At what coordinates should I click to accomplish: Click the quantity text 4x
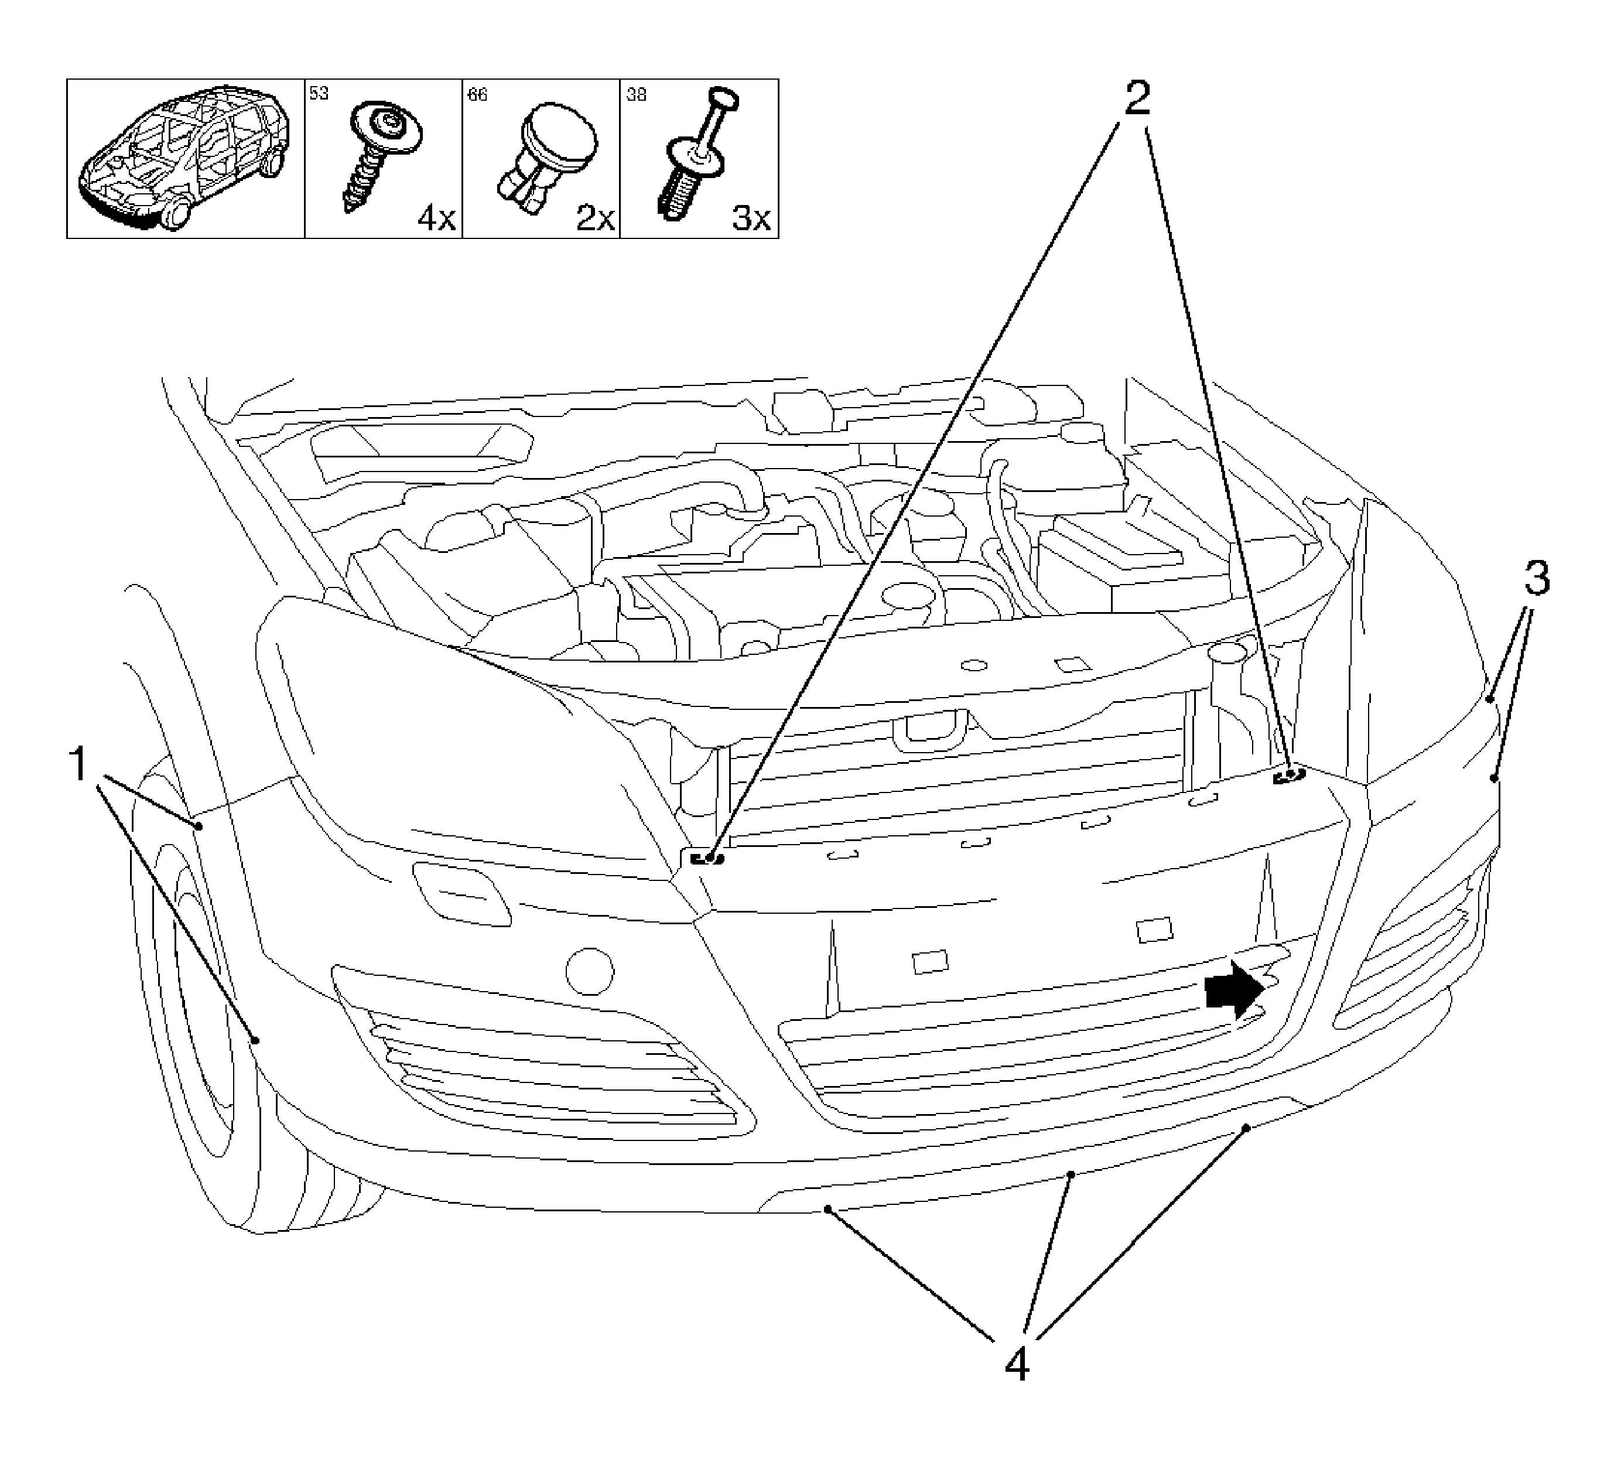[x=436, y=218]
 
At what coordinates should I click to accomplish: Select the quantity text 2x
[x=596, y=218]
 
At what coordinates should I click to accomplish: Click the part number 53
[x=319, y=94]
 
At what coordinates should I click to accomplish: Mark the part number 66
[x=477, y=94]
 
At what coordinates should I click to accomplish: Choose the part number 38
[x=637, y=94]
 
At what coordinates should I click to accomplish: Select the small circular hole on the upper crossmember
[x=973, y=665]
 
